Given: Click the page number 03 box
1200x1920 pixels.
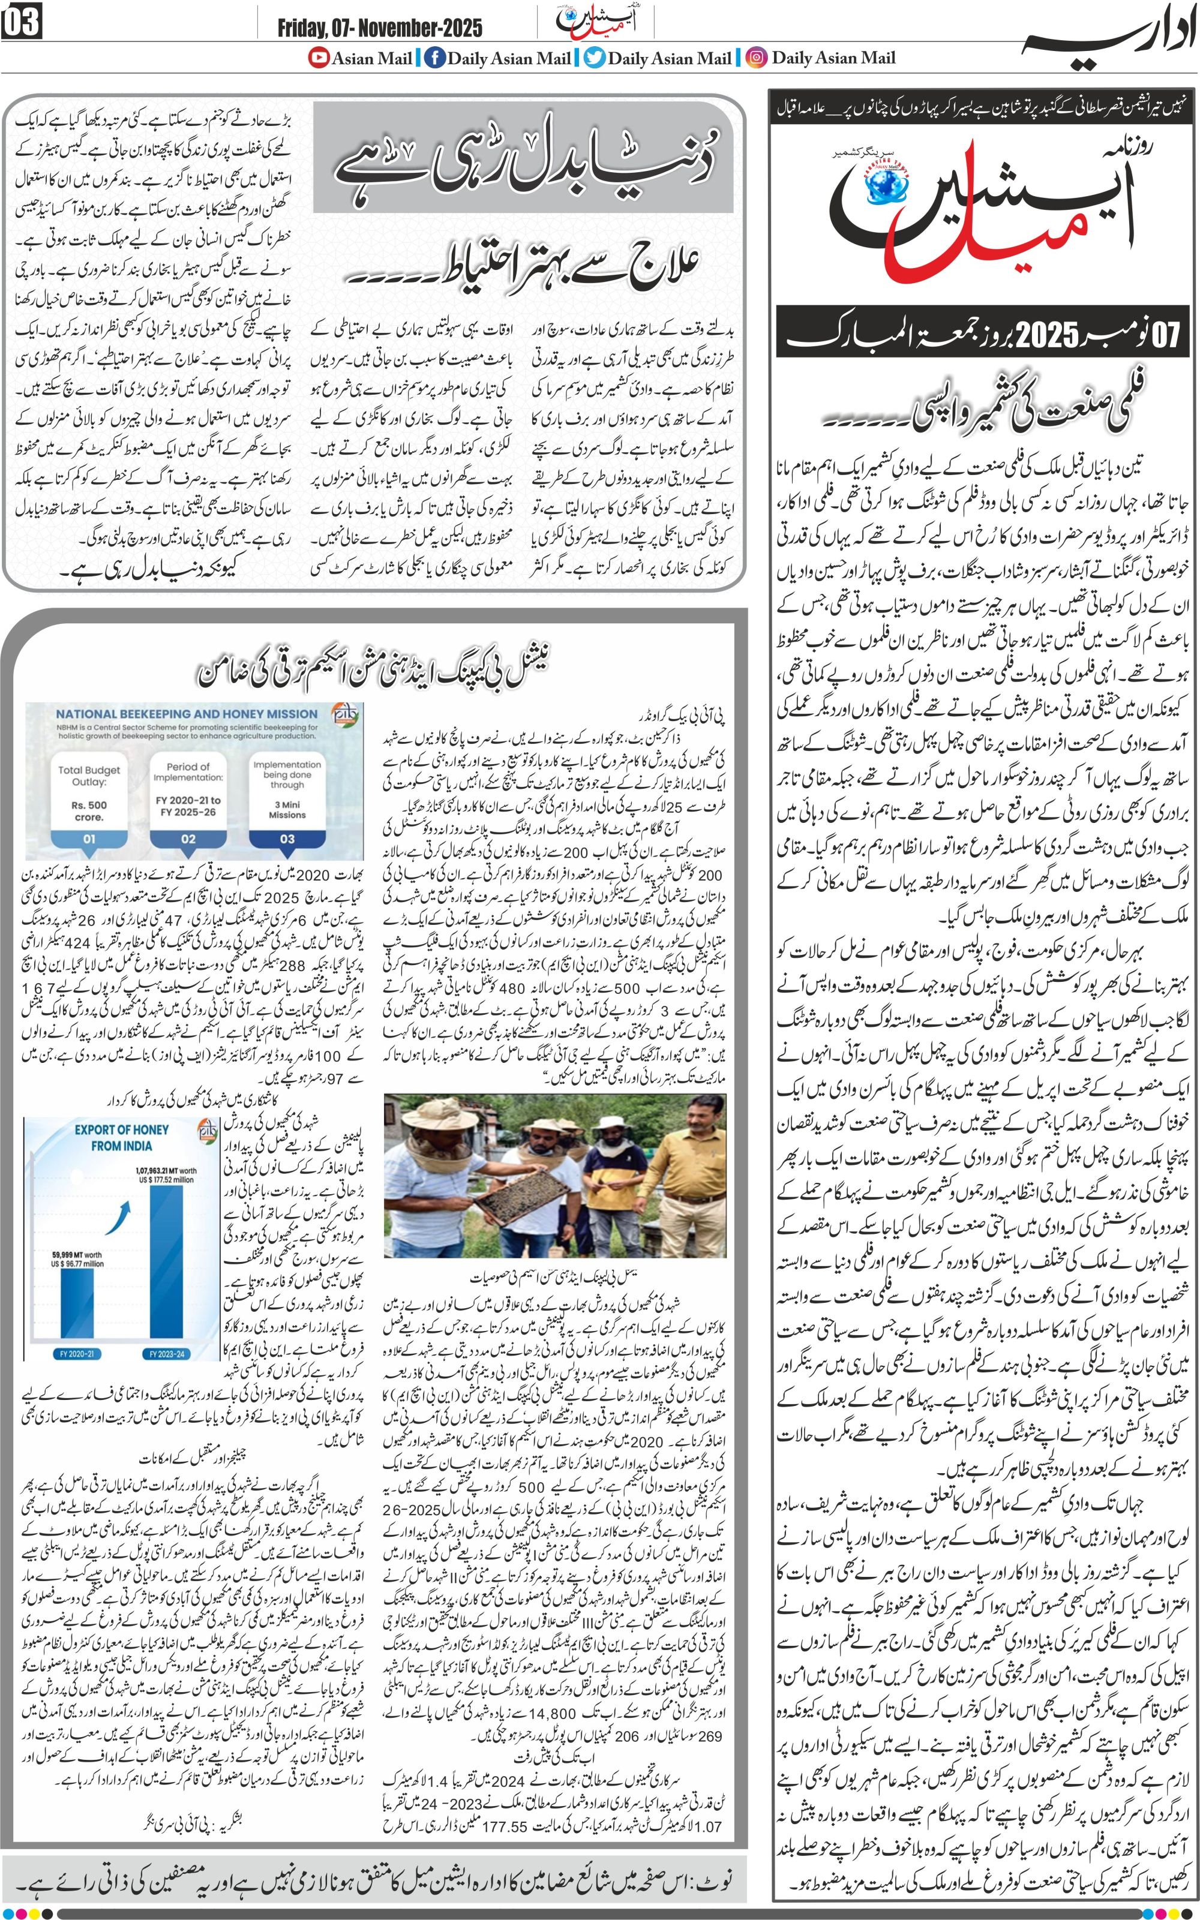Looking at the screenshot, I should click(x=22, y=22).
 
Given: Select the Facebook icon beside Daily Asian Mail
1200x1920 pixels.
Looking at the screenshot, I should click(x=434, y=58).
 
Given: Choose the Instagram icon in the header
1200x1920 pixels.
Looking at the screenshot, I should click(x=758, y=58).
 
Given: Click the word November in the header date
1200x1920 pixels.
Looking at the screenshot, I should click(x=397, y=29).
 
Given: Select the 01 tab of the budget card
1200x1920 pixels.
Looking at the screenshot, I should click(x=89, y=839).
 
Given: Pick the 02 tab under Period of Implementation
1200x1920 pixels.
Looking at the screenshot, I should click(x=188, y=839).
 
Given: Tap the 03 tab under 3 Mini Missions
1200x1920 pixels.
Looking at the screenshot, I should click(x=287, y=839).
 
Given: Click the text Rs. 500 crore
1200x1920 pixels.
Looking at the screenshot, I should click(x=89, y=810).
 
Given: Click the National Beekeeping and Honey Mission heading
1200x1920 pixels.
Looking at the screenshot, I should click(x=187, y=714).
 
